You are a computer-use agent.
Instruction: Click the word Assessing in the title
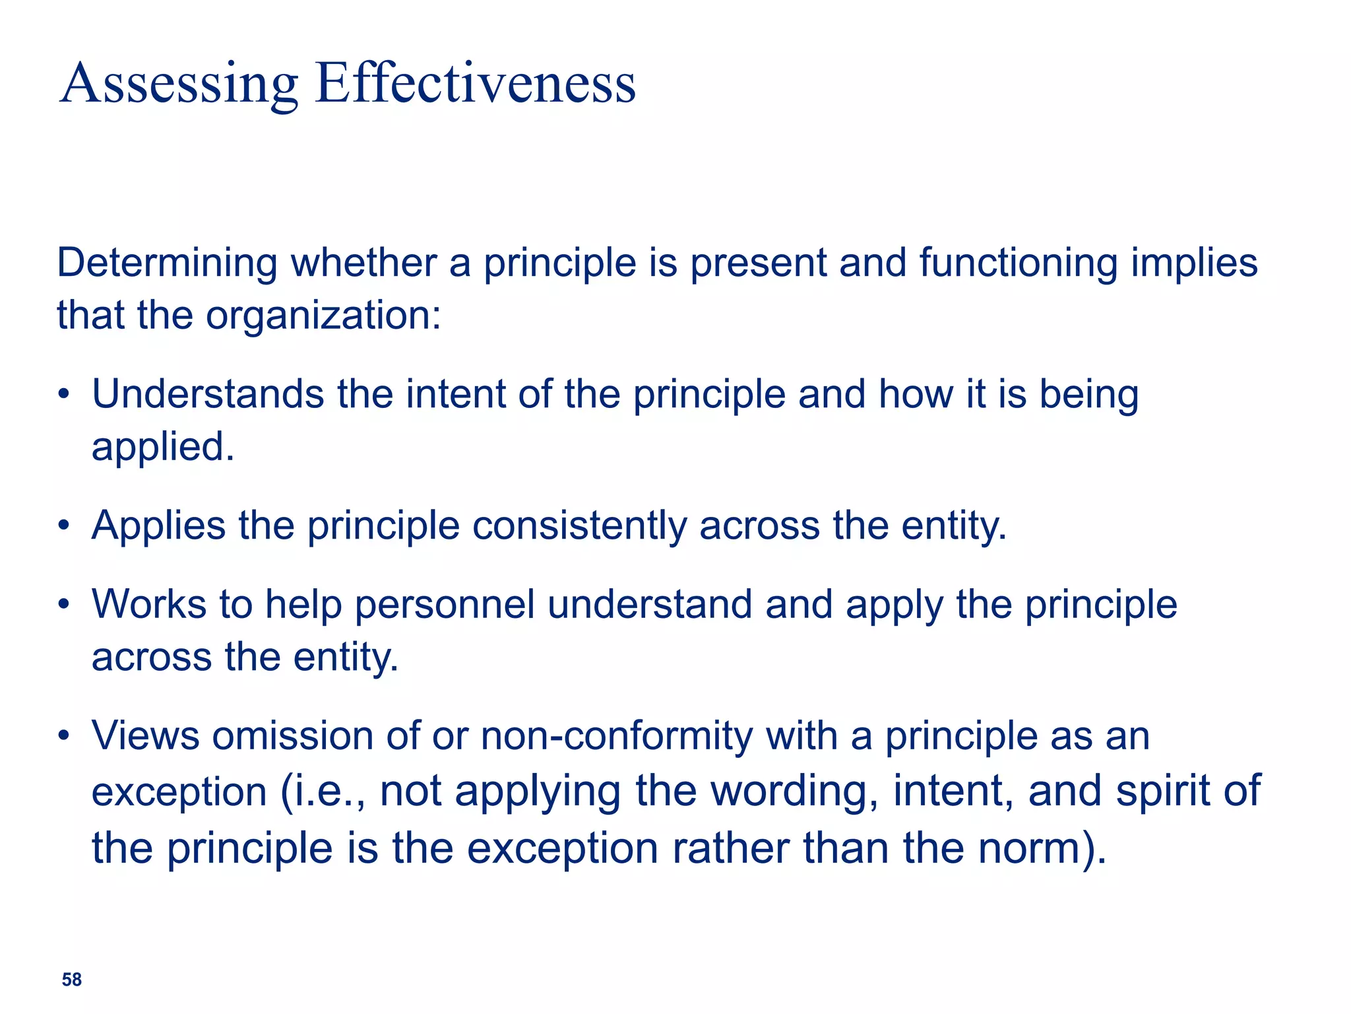click(x=179, y=84)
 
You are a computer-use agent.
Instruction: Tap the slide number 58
click(x=71, y=980)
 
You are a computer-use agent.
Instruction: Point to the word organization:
click(x=323, y=316)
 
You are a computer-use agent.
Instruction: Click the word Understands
click(x=207, y=395)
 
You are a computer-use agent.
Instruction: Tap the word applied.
click(x=162, y=448)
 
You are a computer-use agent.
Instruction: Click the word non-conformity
click(x=616, y=737)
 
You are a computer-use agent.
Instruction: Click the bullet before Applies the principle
click(x=63, y=527)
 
